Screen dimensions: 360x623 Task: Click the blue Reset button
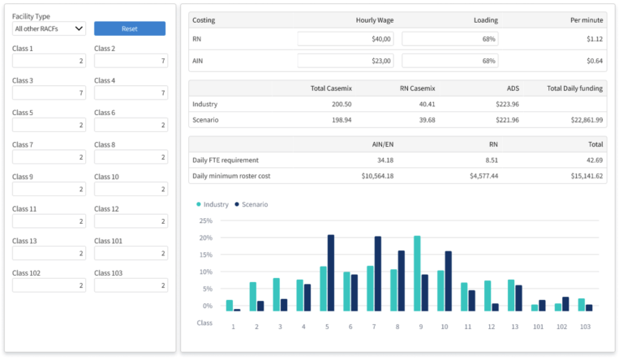130,28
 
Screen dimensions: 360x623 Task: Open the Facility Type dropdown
49,28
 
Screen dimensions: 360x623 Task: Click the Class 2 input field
131,61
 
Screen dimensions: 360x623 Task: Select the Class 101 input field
131,253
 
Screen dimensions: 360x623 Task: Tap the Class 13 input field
49,253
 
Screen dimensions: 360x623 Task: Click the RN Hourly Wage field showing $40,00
346,39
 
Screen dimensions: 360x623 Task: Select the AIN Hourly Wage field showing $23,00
346,61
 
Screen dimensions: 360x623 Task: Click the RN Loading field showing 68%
450,39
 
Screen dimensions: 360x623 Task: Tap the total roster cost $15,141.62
581,176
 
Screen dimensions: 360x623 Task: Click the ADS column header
512,88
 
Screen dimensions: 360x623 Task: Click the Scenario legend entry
251,204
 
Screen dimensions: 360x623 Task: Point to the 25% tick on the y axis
205,221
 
